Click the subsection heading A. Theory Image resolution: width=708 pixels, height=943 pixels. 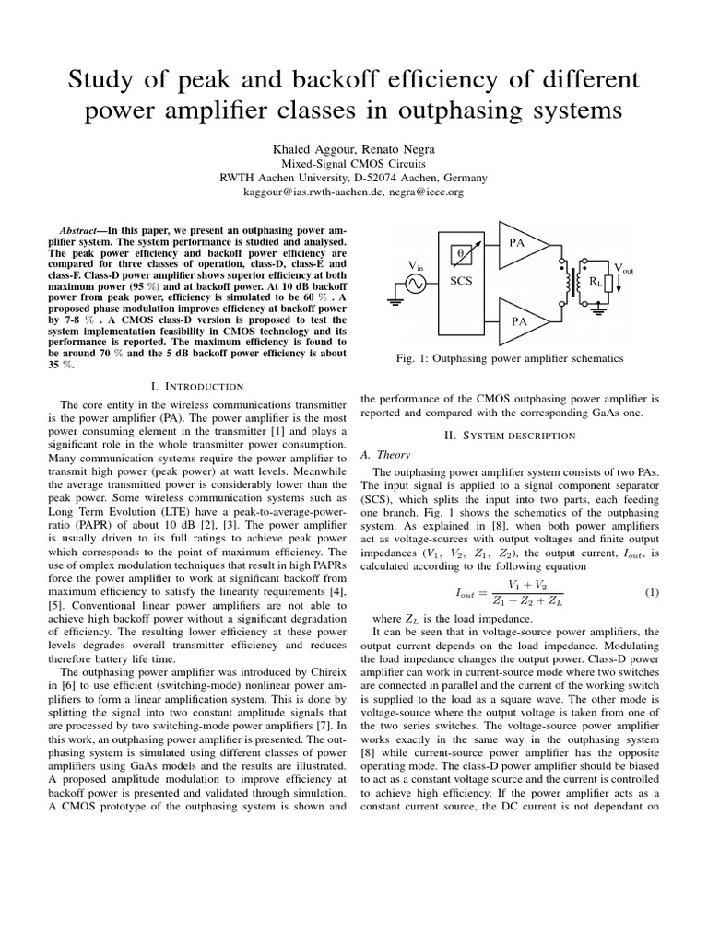[x=386, y=454]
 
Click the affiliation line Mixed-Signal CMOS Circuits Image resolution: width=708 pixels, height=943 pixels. [x=354, y=163]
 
